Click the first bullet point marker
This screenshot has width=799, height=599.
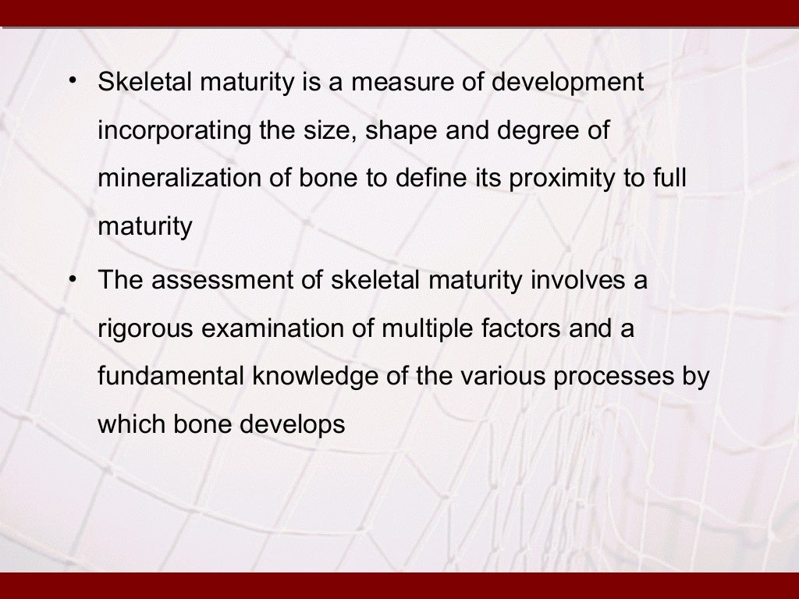(72, 80)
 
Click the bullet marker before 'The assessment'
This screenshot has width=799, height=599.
(72, 278)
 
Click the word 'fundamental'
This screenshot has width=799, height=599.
(171, 377)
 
